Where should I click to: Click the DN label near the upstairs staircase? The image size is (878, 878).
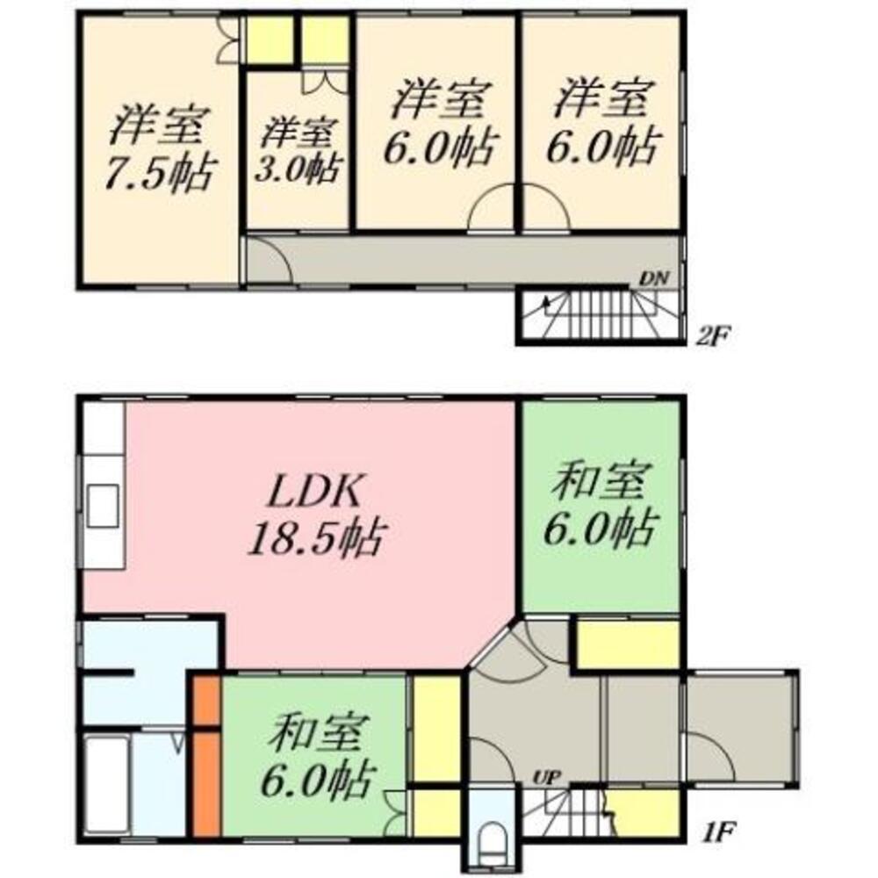tap(654, 279)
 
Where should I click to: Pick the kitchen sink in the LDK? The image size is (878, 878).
tap(104, 505)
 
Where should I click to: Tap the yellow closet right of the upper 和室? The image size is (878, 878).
tap(628, 646)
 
